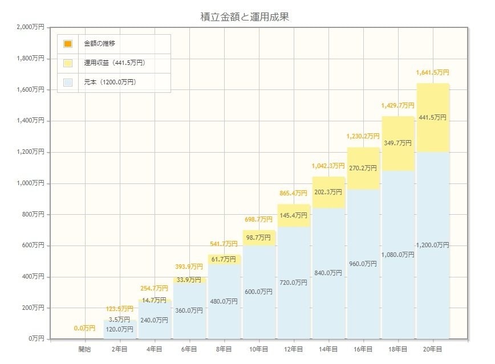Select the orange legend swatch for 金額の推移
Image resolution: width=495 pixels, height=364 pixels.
click(x=68, y=44)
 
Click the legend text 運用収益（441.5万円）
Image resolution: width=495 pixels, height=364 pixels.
click(x=114, y=63)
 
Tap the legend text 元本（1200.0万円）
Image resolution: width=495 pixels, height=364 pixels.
click(x=109, y=82)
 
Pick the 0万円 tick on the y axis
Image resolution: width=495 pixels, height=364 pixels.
click(x=36, y=339)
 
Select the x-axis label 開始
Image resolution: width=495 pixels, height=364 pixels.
click(x=84, y=349)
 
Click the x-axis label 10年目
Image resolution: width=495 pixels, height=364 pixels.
click(x=258, y=349)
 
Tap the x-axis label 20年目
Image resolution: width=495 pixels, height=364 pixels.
click(x=432, y=349)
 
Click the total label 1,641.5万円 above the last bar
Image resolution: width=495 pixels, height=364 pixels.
click(x=432, y=73)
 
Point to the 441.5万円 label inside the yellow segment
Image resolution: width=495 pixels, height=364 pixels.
click(x=432, y=117)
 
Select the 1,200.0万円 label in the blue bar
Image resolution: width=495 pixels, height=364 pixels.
click(x=432, y=245)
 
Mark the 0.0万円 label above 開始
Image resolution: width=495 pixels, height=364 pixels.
click(x=84, y=328)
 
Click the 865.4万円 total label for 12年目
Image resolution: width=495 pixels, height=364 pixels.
click(x=293, y=195)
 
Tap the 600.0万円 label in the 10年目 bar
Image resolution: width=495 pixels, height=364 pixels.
click(x=258, y=292)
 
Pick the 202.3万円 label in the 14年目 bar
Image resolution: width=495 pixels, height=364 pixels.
click(x=328, y=192)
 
